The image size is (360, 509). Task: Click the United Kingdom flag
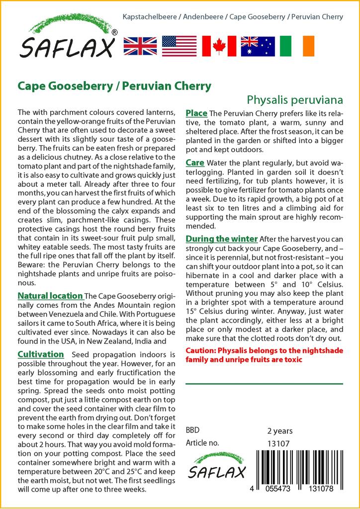tap(140, 46)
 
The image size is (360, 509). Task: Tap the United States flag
tap(180, 46)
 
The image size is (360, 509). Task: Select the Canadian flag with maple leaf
tap(219, 46)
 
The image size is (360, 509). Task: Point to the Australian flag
tap(258, 46)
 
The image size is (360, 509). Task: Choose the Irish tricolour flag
tap(297, 46)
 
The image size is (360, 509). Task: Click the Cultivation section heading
tap(41, 354)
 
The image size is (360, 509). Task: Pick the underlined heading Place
tap(196, 113)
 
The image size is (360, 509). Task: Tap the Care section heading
tap(195, 163)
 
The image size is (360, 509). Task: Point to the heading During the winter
tap(222, 239)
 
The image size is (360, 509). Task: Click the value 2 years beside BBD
tap(280, 431)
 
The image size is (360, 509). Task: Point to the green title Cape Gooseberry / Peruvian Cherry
tap(114, 85)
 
